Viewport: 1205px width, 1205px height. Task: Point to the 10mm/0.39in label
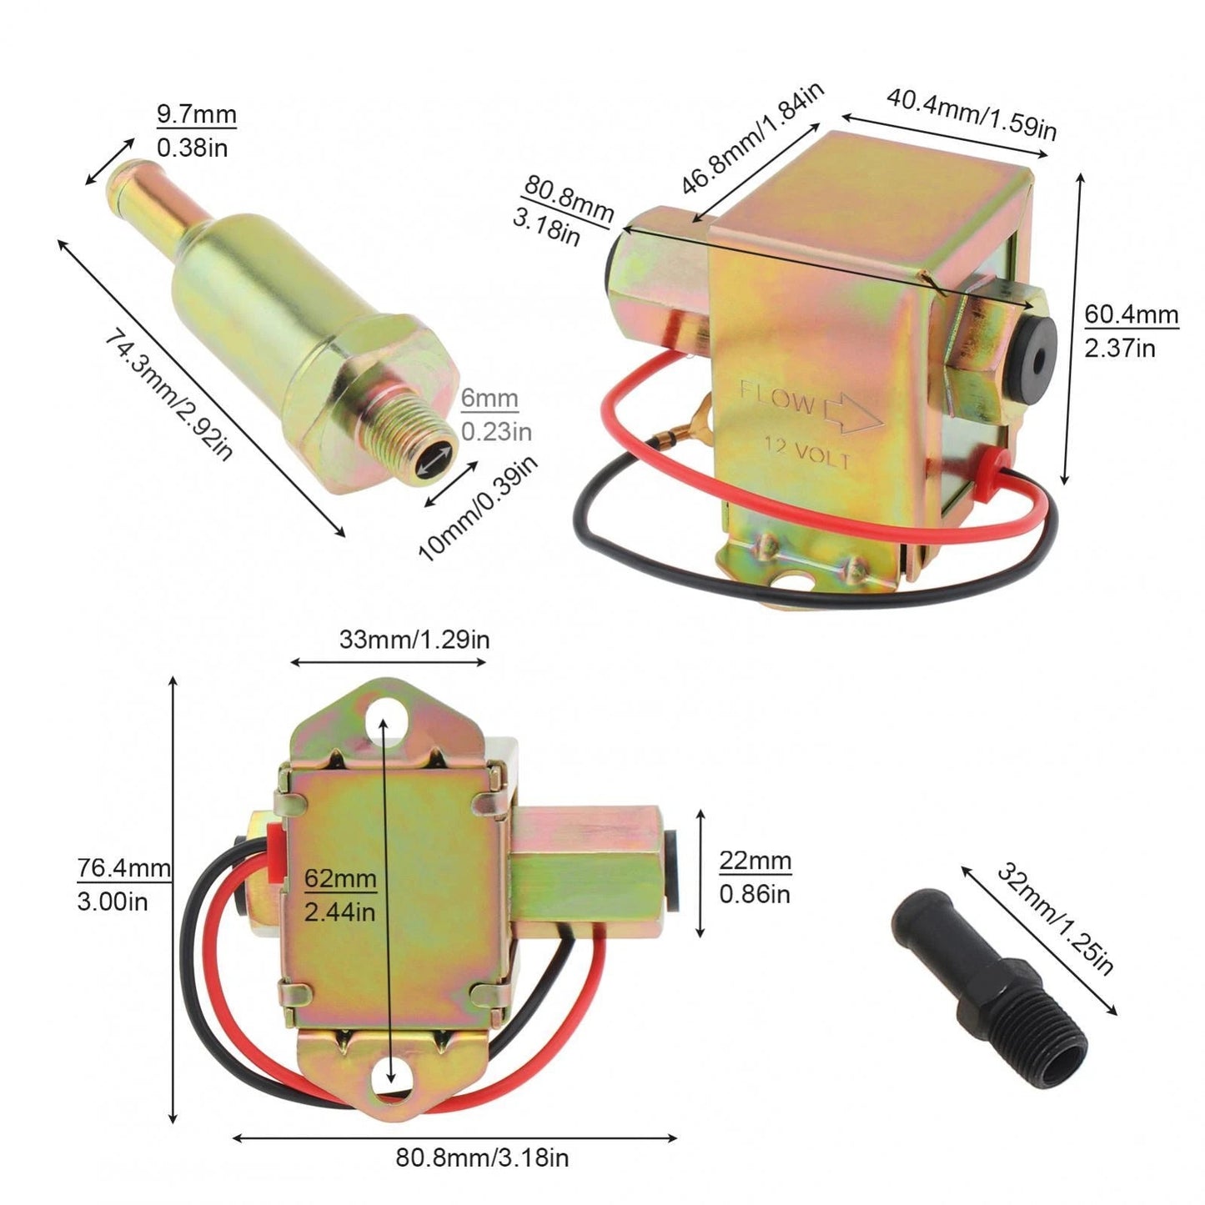(478, 509)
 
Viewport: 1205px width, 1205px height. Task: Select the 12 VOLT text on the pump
(807, 454)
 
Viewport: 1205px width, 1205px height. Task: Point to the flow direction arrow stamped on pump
(851, 414)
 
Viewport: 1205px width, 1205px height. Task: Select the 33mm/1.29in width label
(414, 640)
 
